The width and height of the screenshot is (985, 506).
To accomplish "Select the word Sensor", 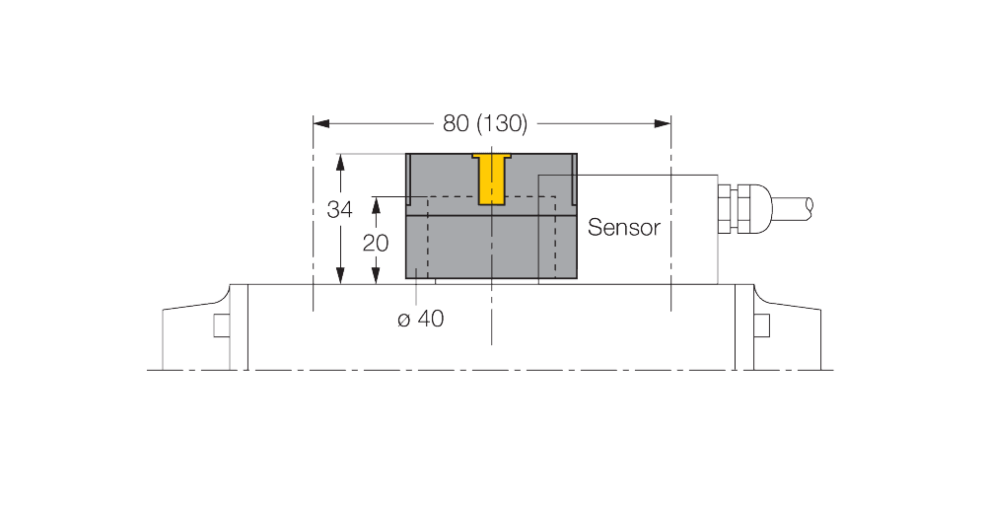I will pyautogui.click(x=622, y=227).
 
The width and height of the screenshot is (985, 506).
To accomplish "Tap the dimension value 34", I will pyautogui.click(x=340, y=210).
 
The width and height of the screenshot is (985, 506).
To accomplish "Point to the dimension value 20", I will pyautogui.click(x=376, y=243).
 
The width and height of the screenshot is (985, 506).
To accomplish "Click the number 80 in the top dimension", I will pyautogui.click(x=457, y=123).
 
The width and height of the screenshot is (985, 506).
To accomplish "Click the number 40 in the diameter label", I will pyautogui.click(x=426, y=319).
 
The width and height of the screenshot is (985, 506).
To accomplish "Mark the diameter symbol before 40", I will pyautogui.click(x=402, y=319).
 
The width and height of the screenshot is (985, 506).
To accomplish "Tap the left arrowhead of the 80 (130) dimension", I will pyautogui.click(x=320, y=123).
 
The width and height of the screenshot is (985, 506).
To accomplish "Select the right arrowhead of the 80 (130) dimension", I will pyautogui.click(x=663, y=123).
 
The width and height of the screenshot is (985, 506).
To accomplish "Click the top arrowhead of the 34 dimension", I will pyautogui.click(x=340, y=160).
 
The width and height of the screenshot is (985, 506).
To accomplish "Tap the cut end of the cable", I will pyautogui.click(x=810, y=206).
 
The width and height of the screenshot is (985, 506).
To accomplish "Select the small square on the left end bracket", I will pyautogui.click(x=221, y=325).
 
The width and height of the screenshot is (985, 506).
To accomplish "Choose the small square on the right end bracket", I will pyautogui.click(x=761, y=325).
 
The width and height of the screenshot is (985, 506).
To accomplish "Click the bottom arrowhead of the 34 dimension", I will pyautogui.click(x=340, y=277).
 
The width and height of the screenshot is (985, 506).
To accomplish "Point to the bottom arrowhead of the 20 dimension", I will pyautogui.click(x=376, y=277).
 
